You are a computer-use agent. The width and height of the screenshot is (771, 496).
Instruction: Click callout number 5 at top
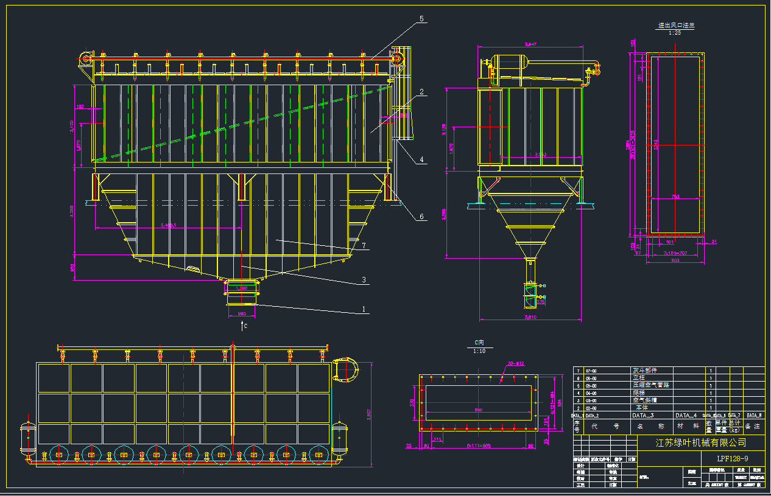pyautogui.click(x=421, y=19)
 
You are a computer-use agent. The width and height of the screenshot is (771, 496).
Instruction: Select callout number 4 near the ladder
pyautogui.click(x=421, y=160)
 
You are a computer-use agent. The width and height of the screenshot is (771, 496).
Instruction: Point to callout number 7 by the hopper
pyautogui.click(x=364, y=246)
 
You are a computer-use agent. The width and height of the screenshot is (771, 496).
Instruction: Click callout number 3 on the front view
pyautogui.click(x=364, y=279)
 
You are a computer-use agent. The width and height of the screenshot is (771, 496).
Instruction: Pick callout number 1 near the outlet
pyautogui.click(x=364, y=309)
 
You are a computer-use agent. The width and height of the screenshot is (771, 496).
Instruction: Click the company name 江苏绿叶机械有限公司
pyautogui.click(x=700, y=442)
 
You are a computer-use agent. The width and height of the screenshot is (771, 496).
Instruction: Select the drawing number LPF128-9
pyautogui.click(x=733, y=458)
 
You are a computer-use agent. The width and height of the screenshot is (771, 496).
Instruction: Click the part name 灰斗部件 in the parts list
pyautogui.click(x=645, y=370)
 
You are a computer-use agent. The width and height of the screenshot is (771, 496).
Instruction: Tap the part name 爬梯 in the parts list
pyautogui.click(x=639, y=393)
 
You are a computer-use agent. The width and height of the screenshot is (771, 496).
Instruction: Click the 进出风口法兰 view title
pyautogui.click(x=675, y=26)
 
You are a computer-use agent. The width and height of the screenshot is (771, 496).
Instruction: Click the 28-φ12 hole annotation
pyautogui.click(x=516, y=363)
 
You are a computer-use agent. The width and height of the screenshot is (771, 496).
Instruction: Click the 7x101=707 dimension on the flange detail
pyautogui.click(x=669, y=253)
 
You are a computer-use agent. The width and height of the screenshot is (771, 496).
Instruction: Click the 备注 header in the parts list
pyautogui.click(x=753, y=427)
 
